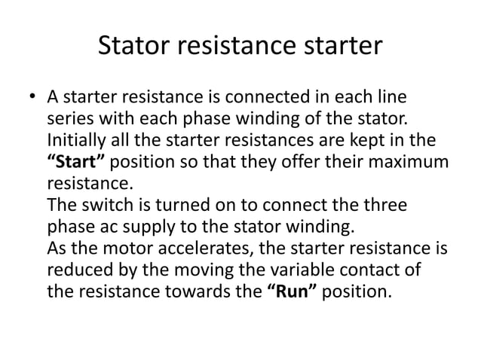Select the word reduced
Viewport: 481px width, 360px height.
click(76, 268)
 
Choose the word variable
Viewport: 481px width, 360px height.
click(282, 268)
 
